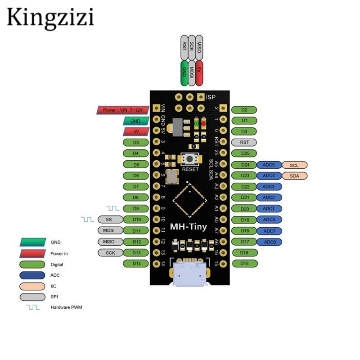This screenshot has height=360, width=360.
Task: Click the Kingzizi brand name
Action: point(50,18)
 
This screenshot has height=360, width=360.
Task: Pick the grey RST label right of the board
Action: point(244,142)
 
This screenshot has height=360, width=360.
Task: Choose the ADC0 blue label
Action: point(269,220)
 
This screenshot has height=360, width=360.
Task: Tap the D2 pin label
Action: point(244,110)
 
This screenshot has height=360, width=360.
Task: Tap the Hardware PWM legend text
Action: point(66,308)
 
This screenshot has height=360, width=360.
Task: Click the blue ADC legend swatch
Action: point(33,275)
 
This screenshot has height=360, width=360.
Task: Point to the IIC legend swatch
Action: point(33,286)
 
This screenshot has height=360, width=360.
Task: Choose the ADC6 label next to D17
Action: point(269,242)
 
